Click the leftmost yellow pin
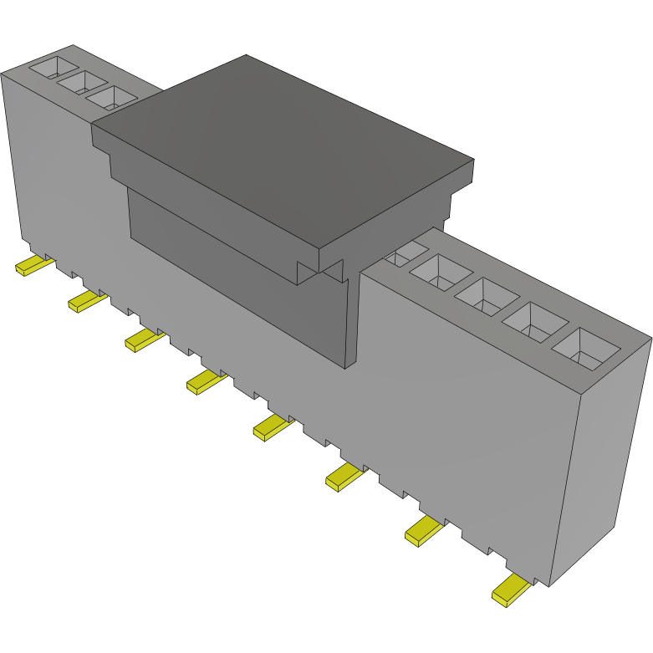[x=34, y=267]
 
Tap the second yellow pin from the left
[x=87, y=300]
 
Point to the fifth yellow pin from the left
[x=273, y=427]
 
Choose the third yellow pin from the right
[x=346, y=477]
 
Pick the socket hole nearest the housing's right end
[x=587, y=349]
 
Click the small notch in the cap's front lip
[x=321, y=268]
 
